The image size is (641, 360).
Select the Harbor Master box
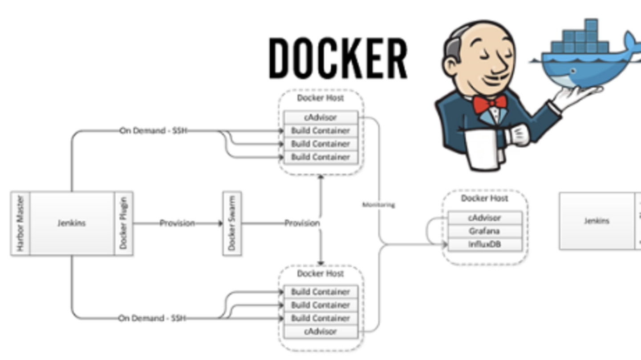pyautogui.click(x=20, y=223)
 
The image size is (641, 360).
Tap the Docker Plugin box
pyautogui.click(x=124, y=223)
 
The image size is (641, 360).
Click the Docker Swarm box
pyautogui.click(x=232, y=223)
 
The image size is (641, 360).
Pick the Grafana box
pyautogui.click(x=484, y=231)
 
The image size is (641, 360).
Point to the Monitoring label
pyautogui.click(x=378, y=205)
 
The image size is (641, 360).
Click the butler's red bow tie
pyautogui.click(x=490, y=104)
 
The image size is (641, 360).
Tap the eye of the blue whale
pyautogui.click(x=573, y=71)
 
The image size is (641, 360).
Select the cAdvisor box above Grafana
pyautogui.click(x=484, y=218)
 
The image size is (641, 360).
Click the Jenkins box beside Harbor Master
pyautogui.click(x=72, y=223)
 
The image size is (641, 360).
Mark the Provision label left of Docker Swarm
pyautogui.click(x=177, y=223)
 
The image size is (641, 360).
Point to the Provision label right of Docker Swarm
pyautogui.click(x=302, y=223)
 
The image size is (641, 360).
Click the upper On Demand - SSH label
pyautogui.click(x=153, y=131)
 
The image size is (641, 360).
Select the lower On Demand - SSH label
pyautogui.click(x=152, y=319)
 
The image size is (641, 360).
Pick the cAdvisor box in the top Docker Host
pyautogui.click(x=320, y=117)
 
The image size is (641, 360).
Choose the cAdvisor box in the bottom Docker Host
pyautogui.click(x=320, y=332)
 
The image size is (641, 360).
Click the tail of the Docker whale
pyautogui.click(x=632, y=44)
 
